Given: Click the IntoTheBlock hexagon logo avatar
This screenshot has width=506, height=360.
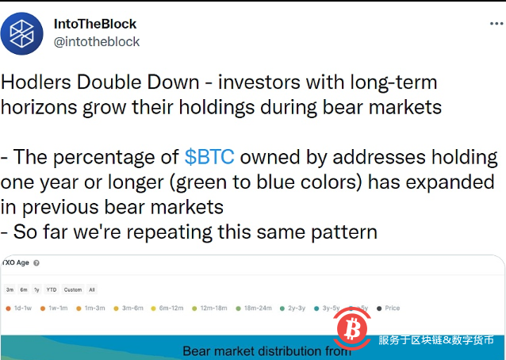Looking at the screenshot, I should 22,33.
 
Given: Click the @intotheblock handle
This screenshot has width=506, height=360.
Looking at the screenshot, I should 97,41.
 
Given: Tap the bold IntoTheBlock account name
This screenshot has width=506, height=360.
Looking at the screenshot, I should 95,24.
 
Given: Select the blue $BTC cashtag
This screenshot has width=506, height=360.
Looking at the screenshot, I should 209,157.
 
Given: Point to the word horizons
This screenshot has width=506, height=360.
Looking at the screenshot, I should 40,105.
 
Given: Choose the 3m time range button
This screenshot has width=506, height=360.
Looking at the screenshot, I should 10,289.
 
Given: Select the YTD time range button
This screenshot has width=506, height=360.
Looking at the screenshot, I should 52,289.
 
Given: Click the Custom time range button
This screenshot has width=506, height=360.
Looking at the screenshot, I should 72,289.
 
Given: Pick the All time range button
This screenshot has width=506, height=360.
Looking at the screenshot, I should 92,289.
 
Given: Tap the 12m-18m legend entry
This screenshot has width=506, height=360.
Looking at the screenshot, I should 210,308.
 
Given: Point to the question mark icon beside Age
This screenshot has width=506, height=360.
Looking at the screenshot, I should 36,262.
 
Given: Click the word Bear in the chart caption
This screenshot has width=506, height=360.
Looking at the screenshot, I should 198,350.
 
